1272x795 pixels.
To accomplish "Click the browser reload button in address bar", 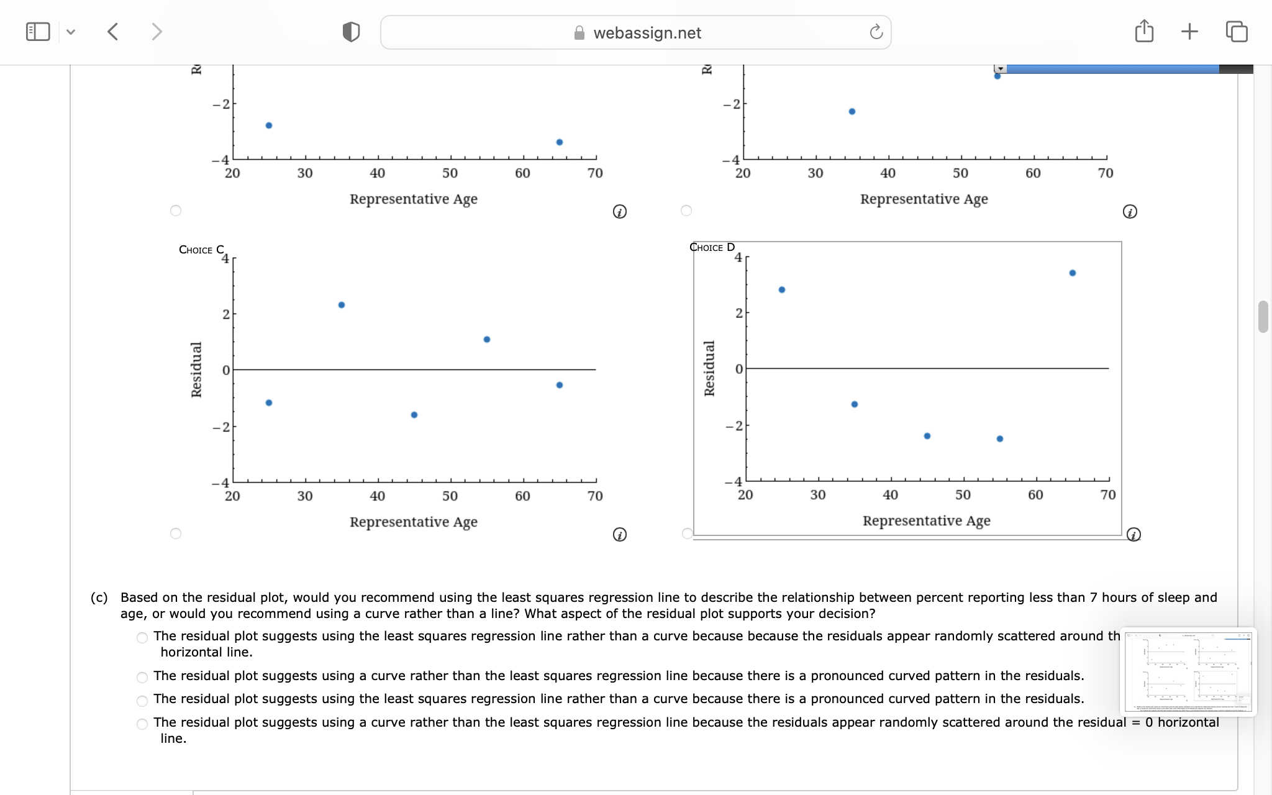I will pos(876,32).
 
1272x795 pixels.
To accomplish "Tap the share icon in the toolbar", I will pos(1144,31).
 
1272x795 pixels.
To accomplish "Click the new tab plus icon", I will pos(1189,31).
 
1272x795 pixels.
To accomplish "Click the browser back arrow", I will pos(113,32).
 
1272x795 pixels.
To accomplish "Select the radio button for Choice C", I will pos(176,534).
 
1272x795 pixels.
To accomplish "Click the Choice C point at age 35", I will pos(342,305).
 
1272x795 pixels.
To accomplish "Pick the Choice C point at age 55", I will pos(487,340).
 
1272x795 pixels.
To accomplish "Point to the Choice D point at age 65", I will pos(1073,273).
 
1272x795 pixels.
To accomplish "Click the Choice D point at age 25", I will pos(782,290).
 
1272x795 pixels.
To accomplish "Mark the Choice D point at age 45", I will pos(927,436).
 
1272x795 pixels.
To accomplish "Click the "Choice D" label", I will pos(712,247).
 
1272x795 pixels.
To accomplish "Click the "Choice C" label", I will pos(201,250).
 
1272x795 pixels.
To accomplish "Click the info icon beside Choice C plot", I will pos(619,535).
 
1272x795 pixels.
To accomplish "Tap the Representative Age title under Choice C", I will pos(414,522).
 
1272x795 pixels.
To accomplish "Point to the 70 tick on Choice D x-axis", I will pos(1108,495).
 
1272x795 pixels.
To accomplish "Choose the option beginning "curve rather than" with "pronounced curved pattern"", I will pos(142,677).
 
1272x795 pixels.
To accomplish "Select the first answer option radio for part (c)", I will pos(142,638).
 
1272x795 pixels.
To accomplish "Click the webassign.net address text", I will pos(647,33).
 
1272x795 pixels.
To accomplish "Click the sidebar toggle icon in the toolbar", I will pos(38,32).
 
